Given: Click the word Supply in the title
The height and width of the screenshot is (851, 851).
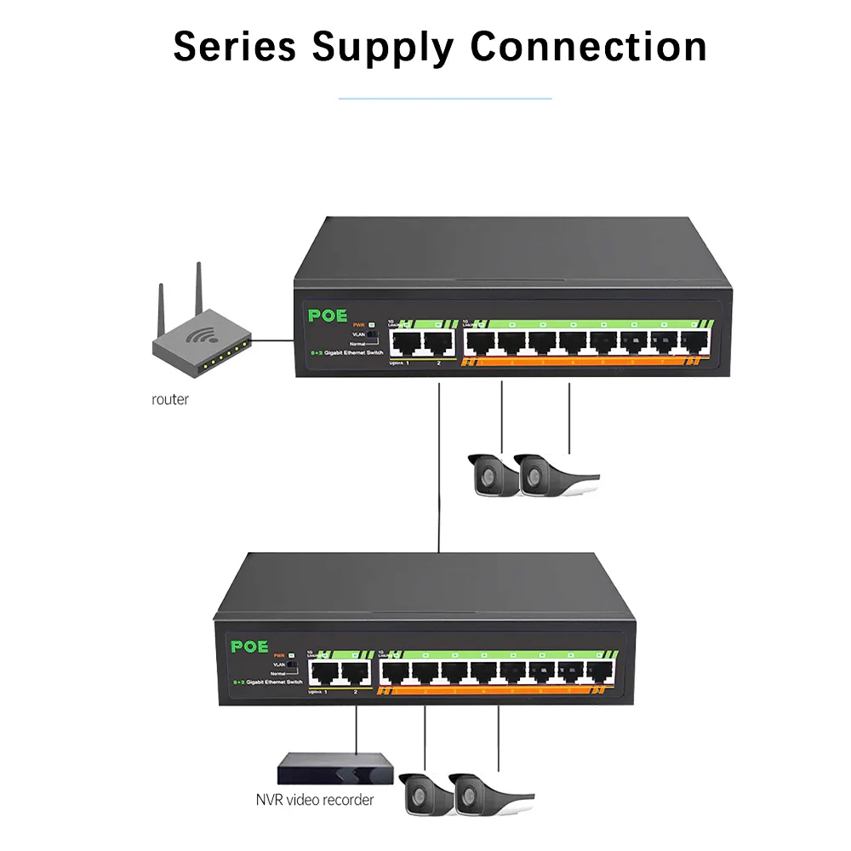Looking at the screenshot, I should [382, 47].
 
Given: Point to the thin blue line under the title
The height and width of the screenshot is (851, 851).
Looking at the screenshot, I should [445, 99].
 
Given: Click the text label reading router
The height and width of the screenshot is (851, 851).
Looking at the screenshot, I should [170, 400].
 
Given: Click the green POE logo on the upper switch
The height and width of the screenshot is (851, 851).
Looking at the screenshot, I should [328, 316].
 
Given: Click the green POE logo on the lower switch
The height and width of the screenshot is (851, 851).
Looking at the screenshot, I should [250, 646].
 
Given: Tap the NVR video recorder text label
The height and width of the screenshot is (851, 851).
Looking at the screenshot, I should [314, 800].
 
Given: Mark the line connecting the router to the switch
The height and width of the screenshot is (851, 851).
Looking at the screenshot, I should [272, 340].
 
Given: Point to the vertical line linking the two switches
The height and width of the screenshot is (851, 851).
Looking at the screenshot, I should [438, 468].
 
